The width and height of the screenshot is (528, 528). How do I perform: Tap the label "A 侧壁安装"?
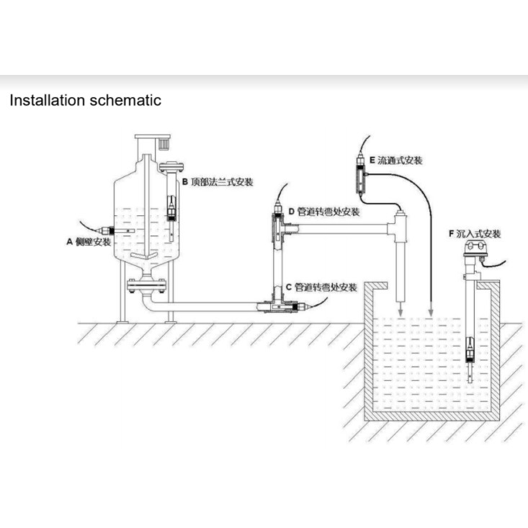coord(89,242)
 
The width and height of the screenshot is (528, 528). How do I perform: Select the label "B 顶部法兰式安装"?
coord(217,182)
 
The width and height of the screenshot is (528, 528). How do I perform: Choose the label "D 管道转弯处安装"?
coord(323,212)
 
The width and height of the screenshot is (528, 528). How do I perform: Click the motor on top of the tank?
coord(153,143)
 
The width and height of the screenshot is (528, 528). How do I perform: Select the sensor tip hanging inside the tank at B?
coord(171,211)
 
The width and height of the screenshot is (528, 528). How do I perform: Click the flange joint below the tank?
coord(147,287)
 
